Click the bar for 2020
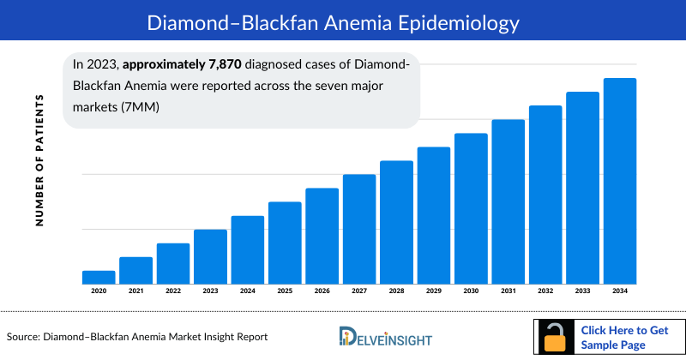coord(99,277)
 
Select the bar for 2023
coord(210,256)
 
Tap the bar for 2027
coord(359,229)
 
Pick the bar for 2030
coord(471,208)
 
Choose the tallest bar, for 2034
coord(620,181)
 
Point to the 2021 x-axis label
coord(135,291)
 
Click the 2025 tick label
coord(285,291)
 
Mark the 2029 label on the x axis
coord(434,291)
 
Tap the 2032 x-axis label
coord(545,291)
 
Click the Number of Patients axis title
coord(39,160)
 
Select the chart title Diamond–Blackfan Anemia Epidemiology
coord(343,20)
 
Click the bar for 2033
coord(582,188)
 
